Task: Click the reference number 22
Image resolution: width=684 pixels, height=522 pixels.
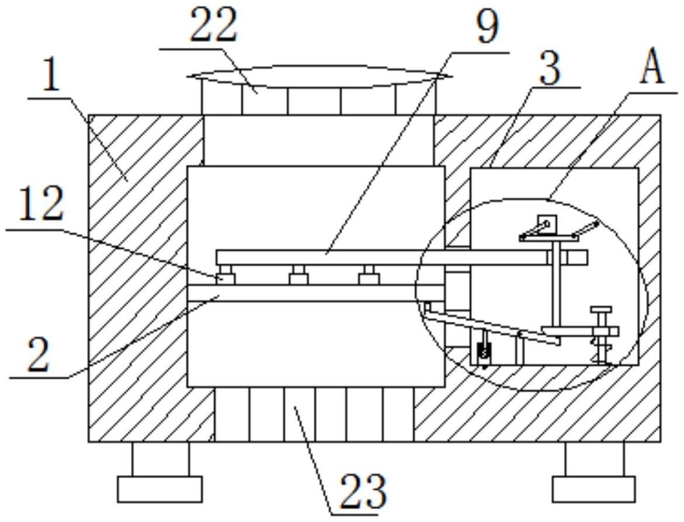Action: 214,26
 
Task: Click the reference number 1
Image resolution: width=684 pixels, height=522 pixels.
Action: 51,78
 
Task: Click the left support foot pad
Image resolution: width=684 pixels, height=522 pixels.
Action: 159,489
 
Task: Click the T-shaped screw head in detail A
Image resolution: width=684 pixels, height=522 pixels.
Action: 600,309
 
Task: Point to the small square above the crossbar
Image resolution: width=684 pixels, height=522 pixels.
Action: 547,222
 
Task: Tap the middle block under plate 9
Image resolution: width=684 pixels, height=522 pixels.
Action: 298,275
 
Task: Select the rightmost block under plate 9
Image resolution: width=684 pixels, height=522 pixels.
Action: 367,275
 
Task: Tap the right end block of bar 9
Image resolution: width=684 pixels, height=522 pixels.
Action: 578,257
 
